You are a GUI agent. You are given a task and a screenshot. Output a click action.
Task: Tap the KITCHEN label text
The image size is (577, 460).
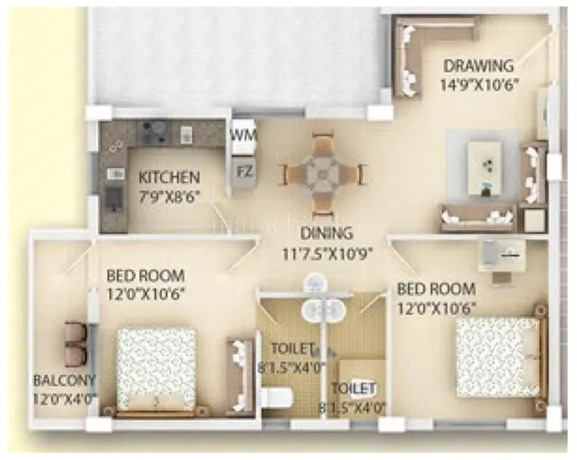(x=169, y=177)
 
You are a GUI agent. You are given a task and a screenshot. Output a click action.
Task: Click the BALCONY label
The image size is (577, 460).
(x=64, y=380)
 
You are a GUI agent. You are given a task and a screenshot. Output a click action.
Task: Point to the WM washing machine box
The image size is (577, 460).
(x=244, y=135)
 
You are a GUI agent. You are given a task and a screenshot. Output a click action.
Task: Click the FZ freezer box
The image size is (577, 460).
(x=244, y=170)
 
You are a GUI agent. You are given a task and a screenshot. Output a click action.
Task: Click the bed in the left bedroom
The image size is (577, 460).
(x=156, y=368)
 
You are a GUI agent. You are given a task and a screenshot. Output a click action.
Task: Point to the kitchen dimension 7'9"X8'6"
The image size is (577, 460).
(x=169, y=195)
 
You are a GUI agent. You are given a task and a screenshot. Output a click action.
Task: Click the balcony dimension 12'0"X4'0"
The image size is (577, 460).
(x=64, y=399)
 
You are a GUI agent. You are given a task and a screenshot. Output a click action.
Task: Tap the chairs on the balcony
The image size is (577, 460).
(x=75, y=343)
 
